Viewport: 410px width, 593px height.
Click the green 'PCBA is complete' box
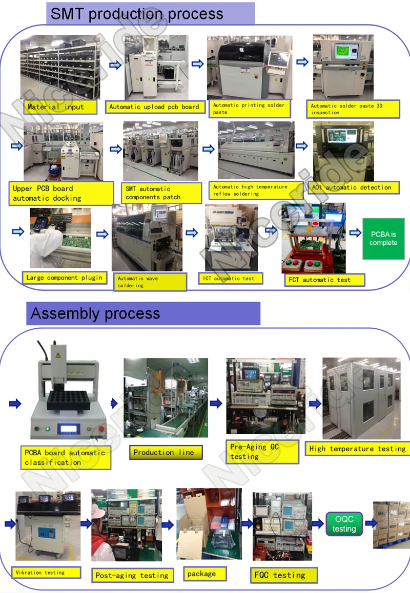pos(383,239)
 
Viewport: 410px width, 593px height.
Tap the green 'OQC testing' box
pos(344,524)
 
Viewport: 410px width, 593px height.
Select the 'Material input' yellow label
pos(60,107)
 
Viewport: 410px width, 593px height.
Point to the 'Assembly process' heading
pos(143,313)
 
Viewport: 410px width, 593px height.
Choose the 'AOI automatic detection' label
pos(354,187)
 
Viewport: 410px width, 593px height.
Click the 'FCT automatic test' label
pos(324,280)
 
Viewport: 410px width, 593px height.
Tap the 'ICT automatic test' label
pos(231,279)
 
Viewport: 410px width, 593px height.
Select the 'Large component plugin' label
pos(65,278)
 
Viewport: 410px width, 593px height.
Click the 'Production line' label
pos(166,452)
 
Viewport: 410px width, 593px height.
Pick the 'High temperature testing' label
pos(357,449)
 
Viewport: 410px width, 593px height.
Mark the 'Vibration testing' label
pos(46,573)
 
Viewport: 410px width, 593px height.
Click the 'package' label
pos(205,574)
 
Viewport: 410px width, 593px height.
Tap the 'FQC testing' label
pos(283,575)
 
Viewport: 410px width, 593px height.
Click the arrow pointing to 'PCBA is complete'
pos(355,233)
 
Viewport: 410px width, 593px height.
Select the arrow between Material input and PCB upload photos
pos(115,65)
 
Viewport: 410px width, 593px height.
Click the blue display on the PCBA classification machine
pos(69,429)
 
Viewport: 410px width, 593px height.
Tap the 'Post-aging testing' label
pos(133,576)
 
